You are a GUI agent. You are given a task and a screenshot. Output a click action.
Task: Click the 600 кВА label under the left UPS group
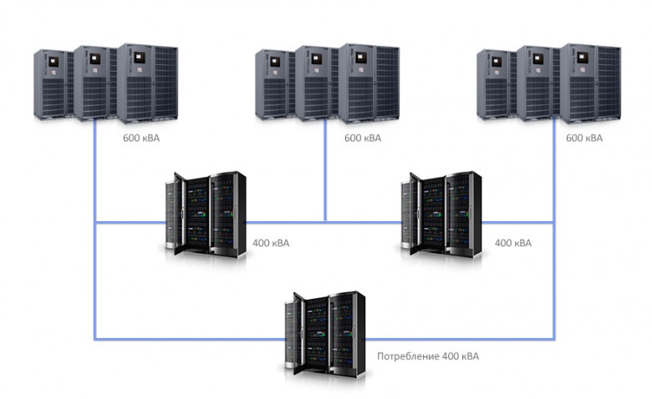click(x=140, y=138)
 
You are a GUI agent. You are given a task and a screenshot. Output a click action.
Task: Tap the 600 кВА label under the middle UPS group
click(x=362, y=138)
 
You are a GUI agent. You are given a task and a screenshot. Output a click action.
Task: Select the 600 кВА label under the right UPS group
click(x=583, y=138)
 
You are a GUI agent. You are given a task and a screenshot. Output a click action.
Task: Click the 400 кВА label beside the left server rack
click(x=271, y=244)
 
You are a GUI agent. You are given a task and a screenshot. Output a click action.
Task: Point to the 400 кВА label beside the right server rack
click(x=512, y=244)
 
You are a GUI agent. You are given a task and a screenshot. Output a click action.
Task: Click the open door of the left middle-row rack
click(x=173, y=215)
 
